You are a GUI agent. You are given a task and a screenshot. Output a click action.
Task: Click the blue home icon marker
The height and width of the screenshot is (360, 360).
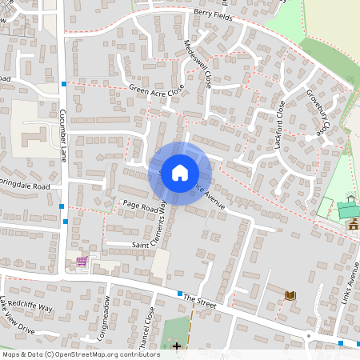point(180,172)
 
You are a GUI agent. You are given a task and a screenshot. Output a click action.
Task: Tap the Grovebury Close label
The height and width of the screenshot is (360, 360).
point(318,112)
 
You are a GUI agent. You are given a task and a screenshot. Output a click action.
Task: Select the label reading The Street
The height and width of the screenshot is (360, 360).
point(200,298)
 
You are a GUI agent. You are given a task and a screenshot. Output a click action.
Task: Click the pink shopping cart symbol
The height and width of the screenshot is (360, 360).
point(81,261)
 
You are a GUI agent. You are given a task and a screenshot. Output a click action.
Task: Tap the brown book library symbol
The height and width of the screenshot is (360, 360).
point(290,295)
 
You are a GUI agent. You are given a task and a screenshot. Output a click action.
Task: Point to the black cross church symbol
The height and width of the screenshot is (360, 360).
point(177,346)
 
